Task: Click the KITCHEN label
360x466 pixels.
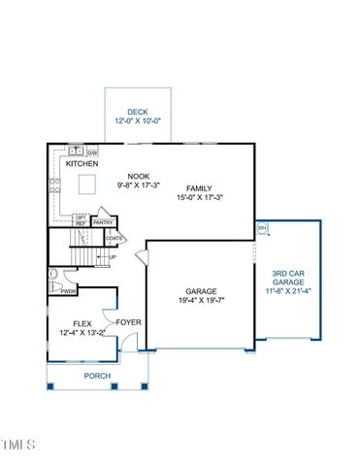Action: point(82,164)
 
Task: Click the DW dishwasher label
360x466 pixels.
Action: point(92,152)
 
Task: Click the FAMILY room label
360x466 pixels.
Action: point(200,187)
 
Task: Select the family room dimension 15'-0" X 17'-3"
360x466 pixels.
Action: point(200,198)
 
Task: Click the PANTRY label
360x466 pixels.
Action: point(104,222)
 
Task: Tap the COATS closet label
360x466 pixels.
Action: point(114,238)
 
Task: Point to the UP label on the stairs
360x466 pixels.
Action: point(113,256)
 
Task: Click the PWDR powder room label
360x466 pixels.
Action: point(69,290)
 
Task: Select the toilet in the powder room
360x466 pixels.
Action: point(54,275)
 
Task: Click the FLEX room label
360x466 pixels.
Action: point(82,324)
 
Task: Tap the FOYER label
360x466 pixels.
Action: point(128,321)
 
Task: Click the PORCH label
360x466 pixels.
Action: point(97,376)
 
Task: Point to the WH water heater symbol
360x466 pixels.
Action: point(261,228)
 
